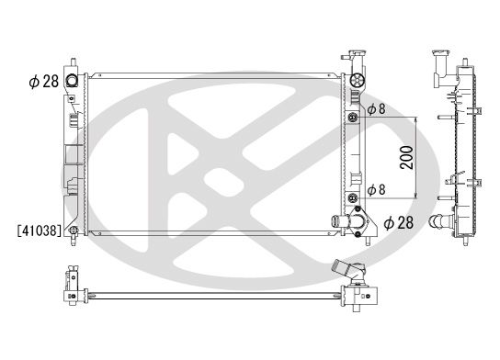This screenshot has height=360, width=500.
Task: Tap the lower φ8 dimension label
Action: (378, 191)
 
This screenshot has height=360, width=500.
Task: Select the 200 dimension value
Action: (405, 157)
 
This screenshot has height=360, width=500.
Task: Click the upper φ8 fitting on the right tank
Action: (352, 118)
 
